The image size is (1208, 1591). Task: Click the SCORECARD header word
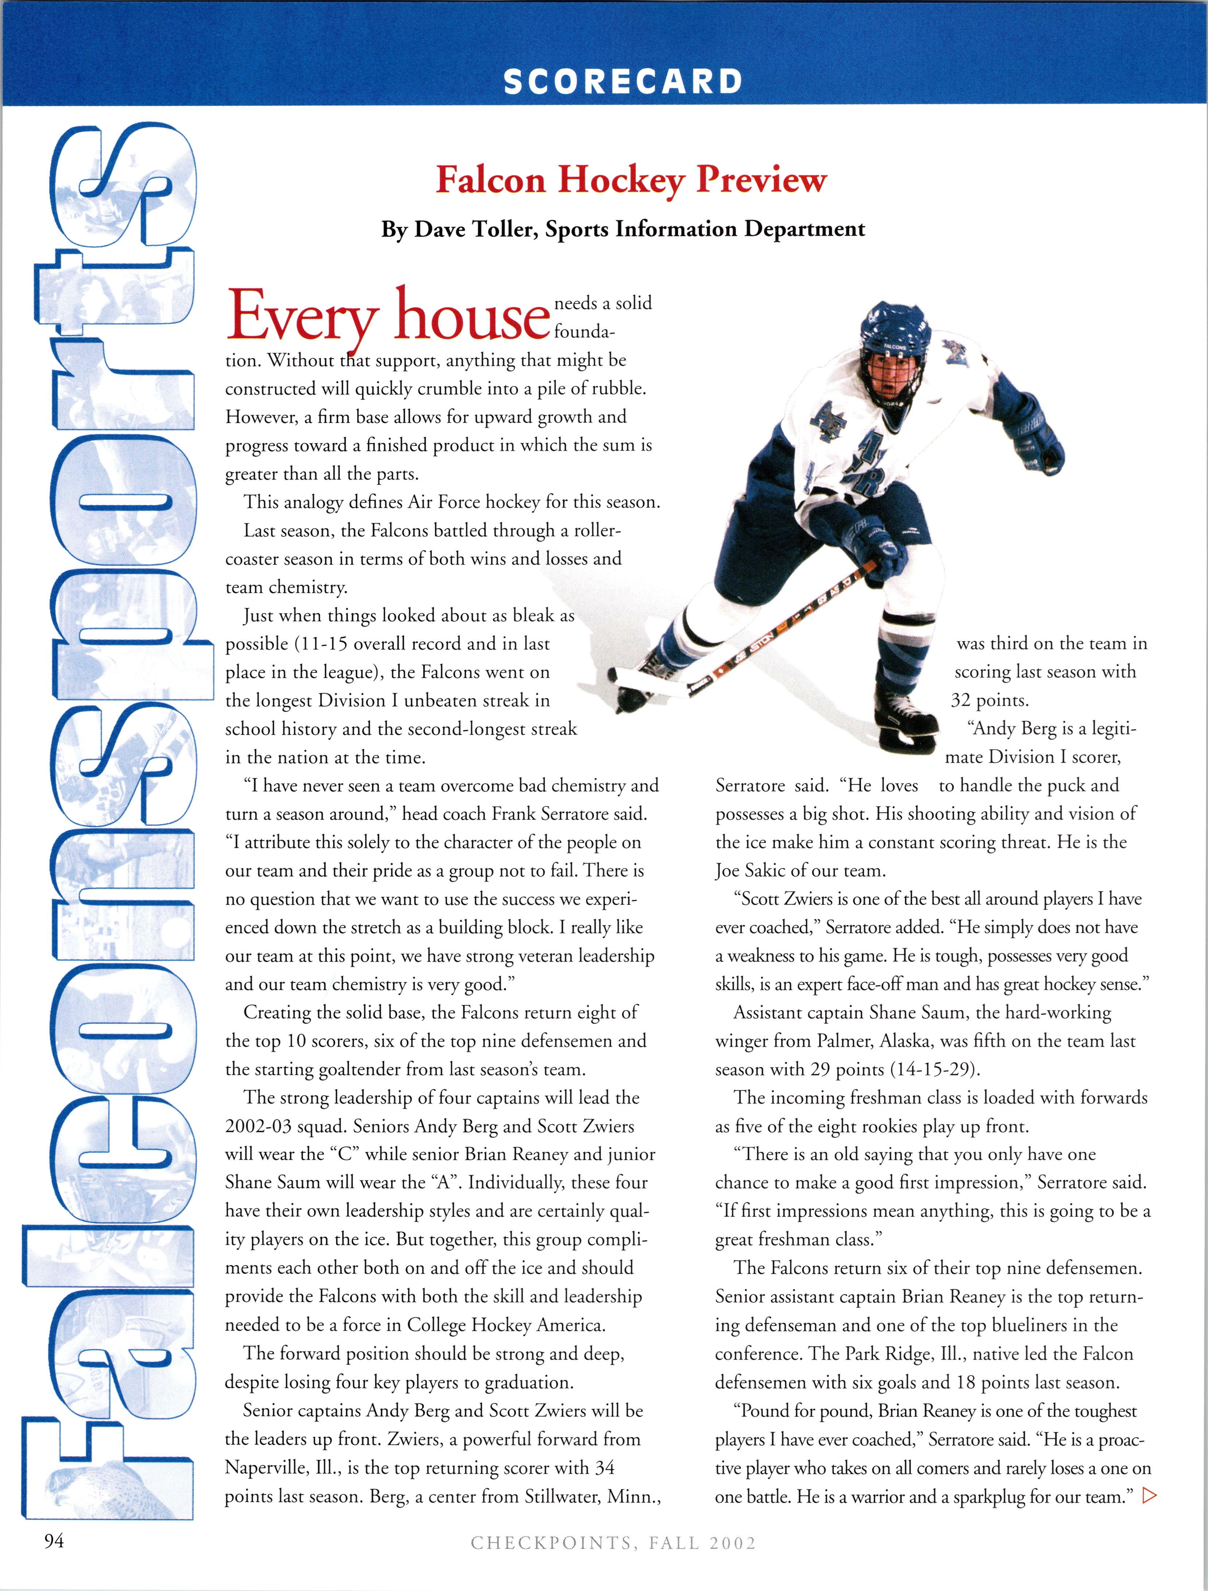pos(622,81)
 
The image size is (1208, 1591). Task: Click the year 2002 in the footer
pos(733,1543)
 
